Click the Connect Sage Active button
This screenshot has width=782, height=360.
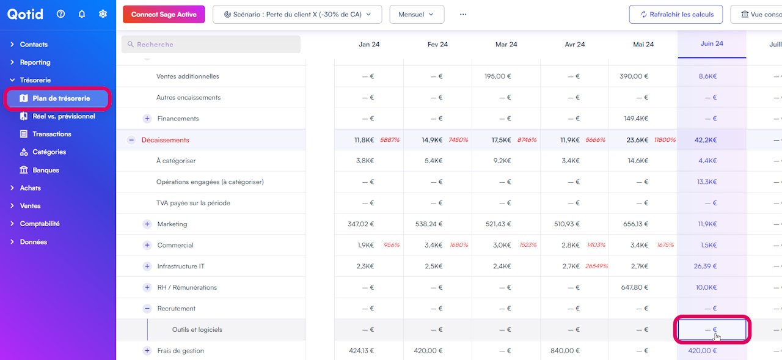click(164, 14)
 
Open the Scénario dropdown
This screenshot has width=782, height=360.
click(297, 14)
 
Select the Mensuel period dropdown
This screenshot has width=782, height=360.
click(416, 14)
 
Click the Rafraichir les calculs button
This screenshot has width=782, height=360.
click(676, 14)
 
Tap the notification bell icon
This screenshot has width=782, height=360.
click(82, 14)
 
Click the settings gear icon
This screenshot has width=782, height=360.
click(103, 14)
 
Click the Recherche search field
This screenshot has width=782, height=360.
click(211, 45)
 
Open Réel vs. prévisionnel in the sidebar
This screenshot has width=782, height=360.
click(64, 116)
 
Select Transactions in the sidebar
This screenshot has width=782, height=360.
click(52, 134)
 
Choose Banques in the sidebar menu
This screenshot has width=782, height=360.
click(46, 170)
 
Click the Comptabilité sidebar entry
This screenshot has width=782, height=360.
click(40, 224)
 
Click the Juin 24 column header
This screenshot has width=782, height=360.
click(712, 44)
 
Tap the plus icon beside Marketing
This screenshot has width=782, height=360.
click(147, 224)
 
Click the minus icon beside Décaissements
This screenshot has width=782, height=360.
click(131, 140)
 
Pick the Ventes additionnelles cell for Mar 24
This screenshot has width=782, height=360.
click(498, 76)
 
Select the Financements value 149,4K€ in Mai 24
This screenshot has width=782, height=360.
click(635, 119)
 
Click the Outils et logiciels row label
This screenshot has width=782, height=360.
click(197, 330)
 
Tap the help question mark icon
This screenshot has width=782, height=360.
click(60, 14)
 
